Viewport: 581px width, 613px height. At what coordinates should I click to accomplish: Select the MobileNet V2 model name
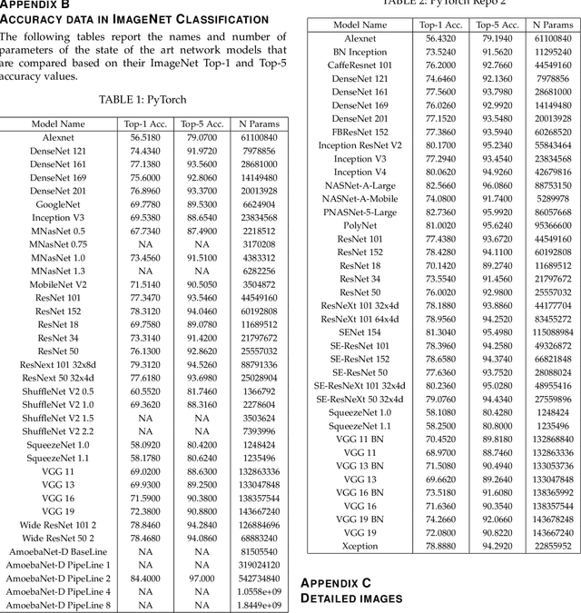click(x=58, y=283)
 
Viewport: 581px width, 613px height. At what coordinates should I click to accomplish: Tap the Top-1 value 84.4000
click(x=144, y=577)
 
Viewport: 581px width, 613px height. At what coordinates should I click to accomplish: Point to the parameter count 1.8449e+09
click(x=259, y=604)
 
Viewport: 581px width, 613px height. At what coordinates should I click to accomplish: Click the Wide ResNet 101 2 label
click(x=58, y=524)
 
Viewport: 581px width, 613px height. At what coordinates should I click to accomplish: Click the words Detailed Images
click(x=350, y=598)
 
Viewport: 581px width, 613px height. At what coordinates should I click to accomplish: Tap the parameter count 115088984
click(x=552, y=331)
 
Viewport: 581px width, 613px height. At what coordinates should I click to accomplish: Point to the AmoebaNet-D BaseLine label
click(x=58, y=550)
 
